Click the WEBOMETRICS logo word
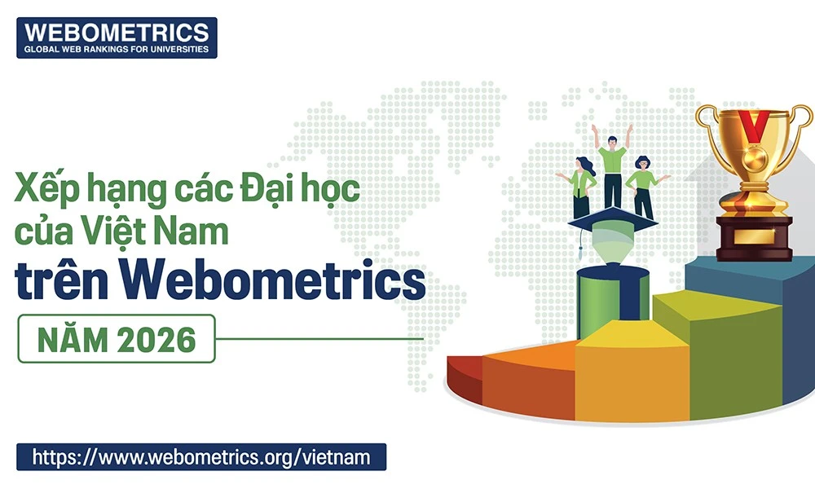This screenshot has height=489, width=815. [x=117, y=32]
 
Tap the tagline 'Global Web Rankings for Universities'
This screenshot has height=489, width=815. [x=117, y=50]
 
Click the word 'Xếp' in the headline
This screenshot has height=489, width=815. [x=42, y=193]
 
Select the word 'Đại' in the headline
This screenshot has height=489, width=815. [x=266, y=192]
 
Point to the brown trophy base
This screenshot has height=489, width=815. [x=753, y=236]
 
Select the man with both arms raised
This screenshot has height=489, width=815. [x=613, y=167]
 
